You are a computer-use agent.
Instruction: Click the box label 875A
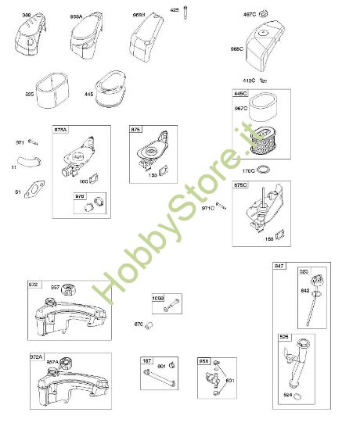60,129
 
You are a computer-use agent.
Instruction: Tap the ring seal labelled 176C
265,170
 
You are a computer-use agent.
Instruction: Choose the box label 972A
35,357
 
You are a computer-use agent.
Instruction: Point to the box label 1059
159,298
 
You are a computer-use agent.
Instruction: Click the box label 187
146,360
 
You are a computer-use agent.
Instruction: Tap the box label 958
203,360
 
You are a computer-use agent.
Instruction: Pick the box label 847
279,266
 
